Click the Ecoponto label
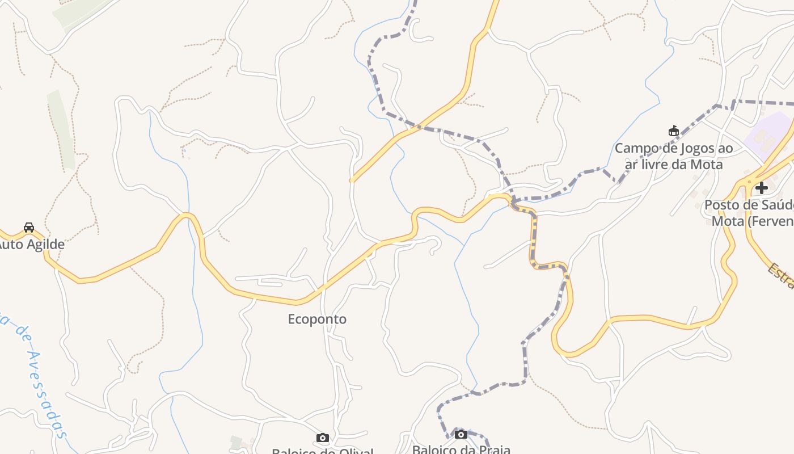pyautogui.click(x=317, y=319)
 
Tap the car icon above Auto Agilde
pyautogui.click(x=28, y=228)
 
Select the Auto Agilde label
pyautogui.click(x=31, y=245)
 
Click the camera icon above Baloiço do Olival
pyautogui.click(x=323, y=438)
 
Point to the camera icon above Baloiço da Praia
pyautogui.click(x=461, y=434)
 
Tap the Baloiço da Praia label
pyautogui.click(x=461, y=449)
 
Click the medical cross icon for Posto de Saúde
pyautogui.click(x=762, y=187)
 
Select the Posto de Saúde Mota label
pyautogui.click(x=749, y=213)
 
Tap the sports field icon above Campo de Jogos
pyautogui.click(x=674, y=131)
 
